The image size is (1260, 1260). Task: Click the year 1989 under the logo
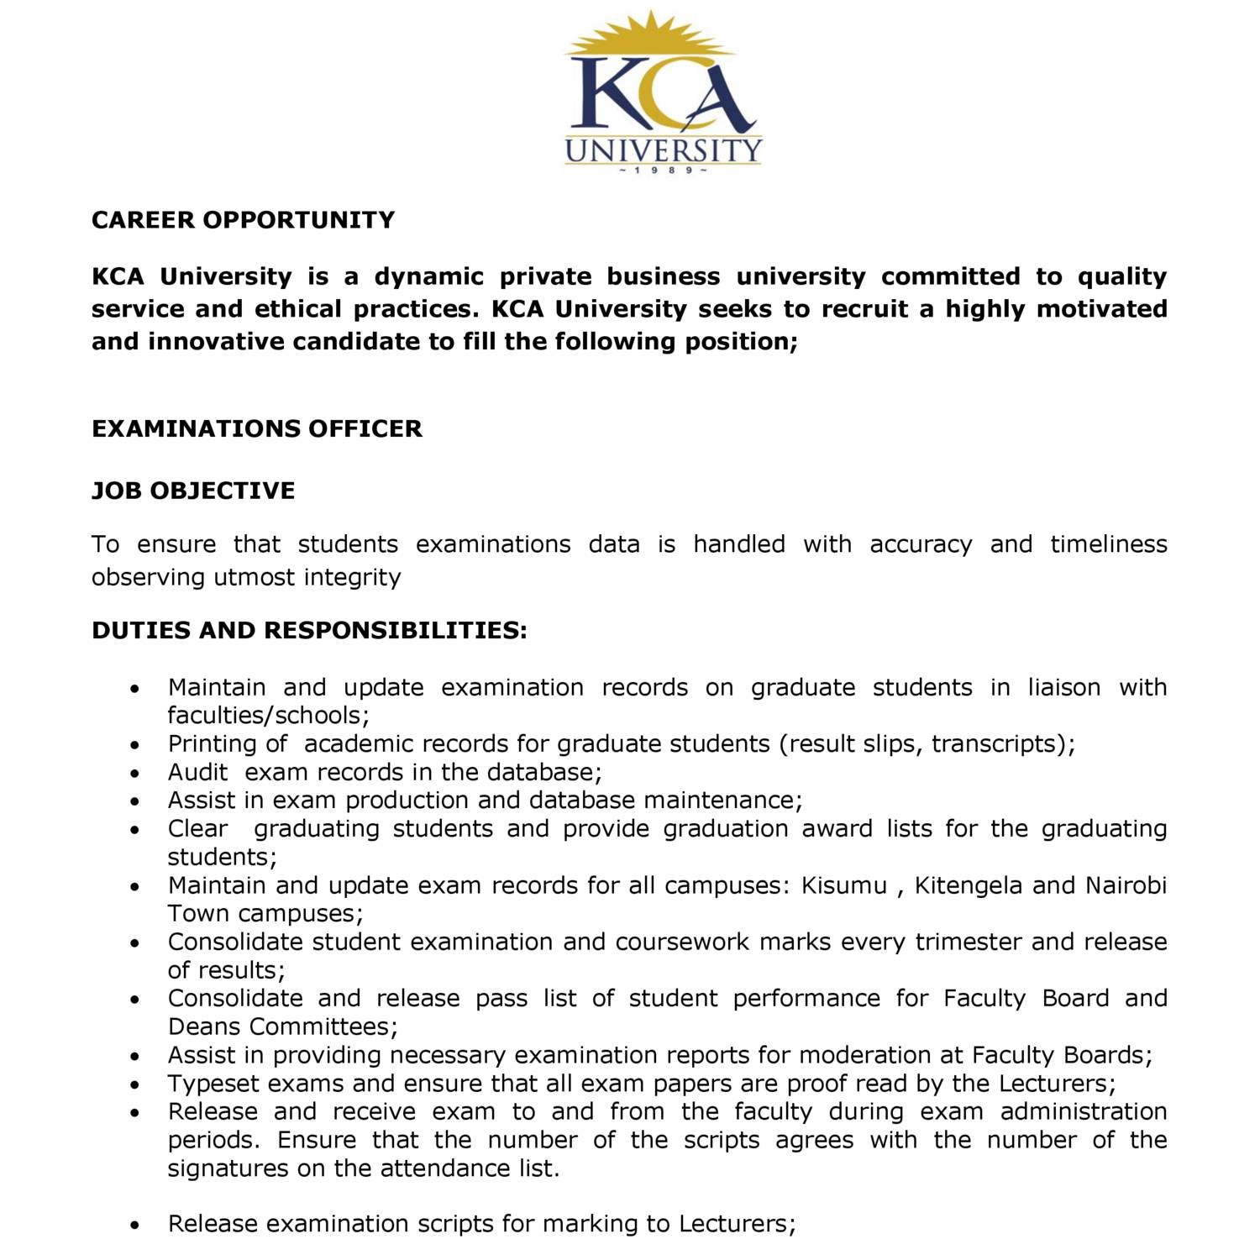663,171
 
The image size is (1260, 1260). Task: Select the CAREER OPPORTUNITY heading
243,220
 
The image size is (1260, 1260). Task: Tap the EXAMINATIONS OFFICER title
256,428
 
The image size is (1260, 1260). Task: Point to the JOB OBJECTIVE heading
193,491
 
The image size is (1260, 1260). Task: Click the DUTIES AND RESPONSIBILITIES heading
309,630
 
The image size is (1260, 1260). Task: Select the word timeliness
1108,544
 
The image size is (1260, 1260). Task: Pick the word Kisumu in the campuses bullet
843,885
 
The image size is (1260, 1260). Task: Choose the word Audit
197,772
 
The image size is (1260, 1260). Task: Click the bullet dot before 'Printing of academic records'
135,745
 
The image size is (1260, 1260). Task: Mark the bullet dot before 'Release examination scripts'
135,1225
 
